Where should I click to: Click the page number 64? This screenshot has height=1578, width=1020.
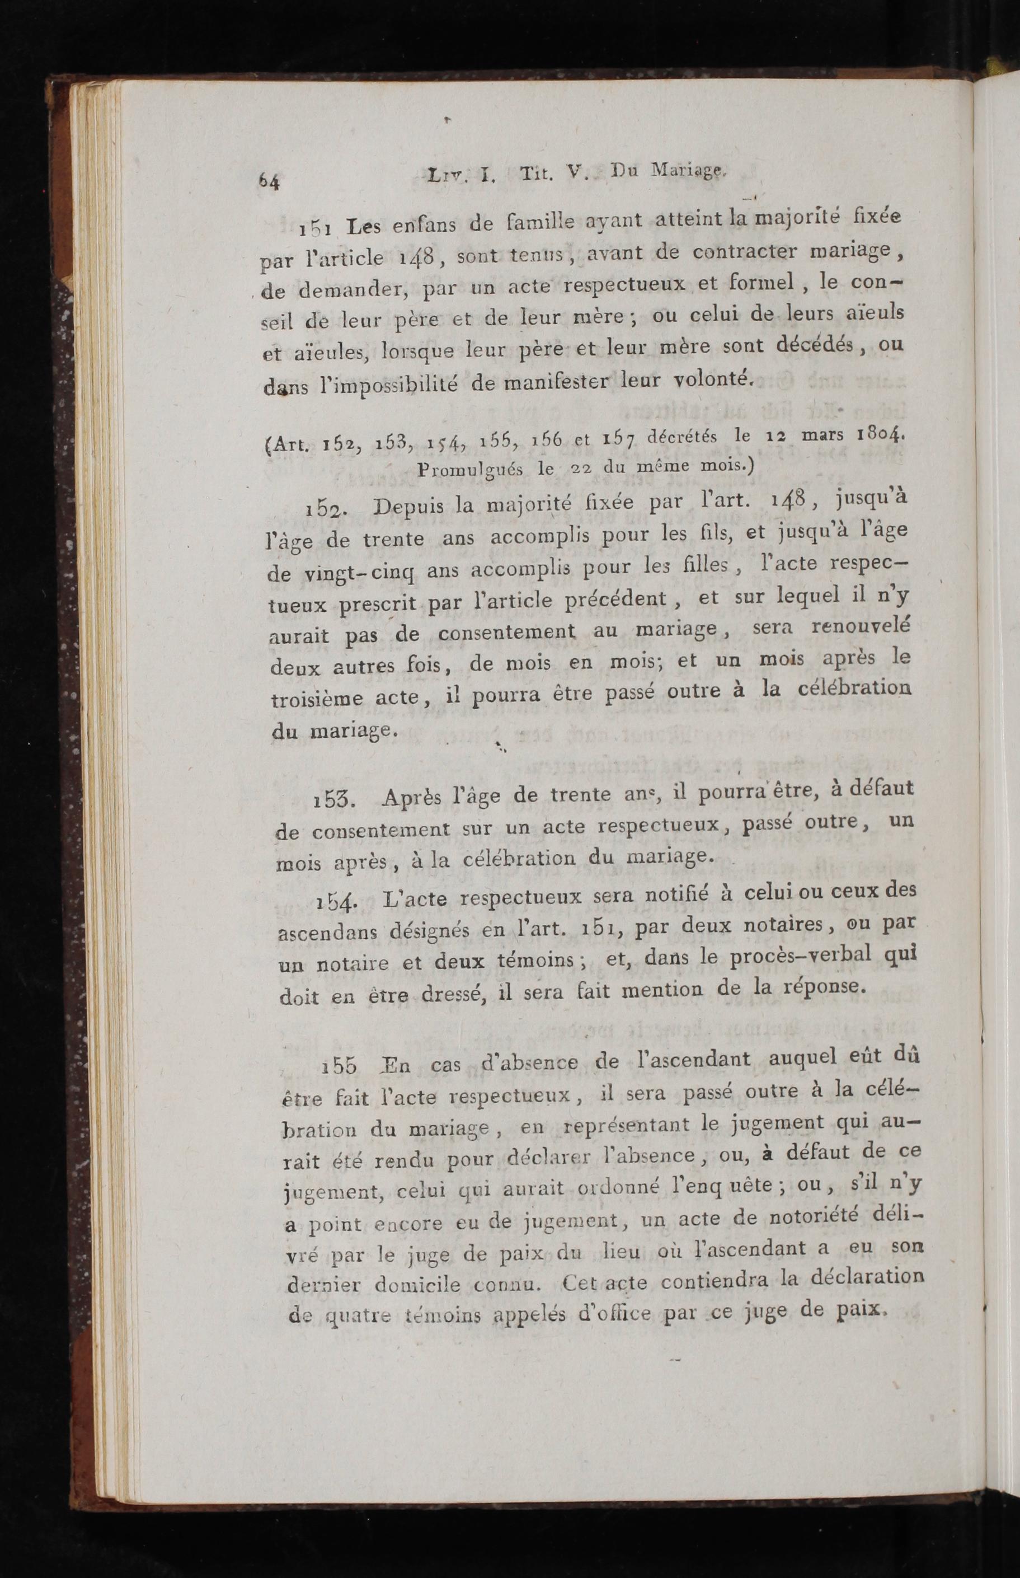270,180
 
